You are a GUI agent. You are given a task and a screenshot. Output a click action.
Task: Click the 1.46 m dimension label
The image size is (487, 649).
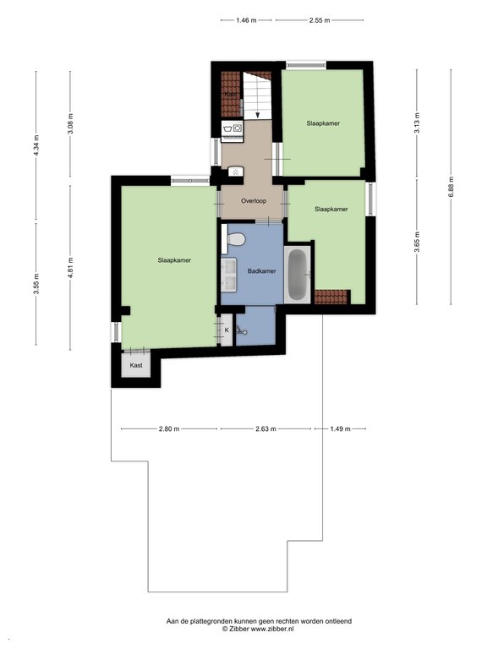246,20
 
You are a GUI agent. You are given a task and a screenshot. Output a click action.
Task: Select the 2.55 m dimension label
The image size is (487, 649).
320,20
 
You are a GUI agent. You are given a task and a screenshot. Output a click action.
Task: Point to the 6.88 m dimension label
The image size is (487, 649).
451,187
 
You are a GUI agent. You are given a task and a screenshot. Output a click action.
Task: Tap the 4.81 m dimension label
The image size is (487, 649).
70,267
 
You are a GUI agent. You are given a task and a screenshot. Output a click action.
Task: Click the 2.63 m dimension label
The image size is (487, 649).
265,428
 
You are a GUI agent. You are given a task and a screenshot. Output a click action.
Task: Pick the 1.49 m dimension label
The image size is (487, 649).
340,428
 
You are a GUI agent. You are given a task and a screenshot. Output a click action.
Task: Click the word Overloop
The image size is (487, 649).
254,201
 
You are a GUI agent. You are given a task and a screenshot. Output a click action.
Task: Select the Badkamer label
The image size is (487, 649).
262,271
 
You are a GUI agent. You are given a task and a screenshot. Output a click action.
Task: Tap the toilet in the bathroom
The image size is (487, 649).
234,239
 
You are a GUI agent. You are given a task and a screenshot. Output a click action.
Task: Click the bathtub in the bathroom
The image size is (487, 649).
297,275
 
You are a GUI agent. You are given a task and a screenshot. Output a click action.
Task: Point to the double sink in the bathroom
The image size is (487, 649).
228,275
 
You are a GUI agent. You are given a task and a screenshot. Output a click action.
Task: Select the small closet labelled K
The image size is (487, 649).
227,330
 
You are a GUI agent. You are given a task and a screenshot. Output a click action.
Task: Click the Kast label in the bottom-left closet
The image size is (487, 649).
136,365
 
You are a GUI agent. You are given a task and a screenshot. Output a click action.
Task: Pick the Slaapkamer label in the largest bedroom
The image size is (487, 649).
174,260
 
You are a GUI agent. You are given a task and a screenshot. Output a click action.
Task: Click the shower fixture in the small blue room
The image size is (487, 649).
242,330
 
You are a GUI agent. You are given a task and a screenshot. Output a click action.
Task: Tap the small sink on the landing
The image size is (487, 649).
235,172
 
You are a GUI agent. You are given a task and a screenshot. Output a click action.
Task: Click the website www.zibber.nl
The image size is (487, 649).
272,629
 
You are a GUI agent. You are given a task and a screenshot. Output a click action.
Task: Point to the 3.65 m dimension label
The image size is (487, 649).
417,242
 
